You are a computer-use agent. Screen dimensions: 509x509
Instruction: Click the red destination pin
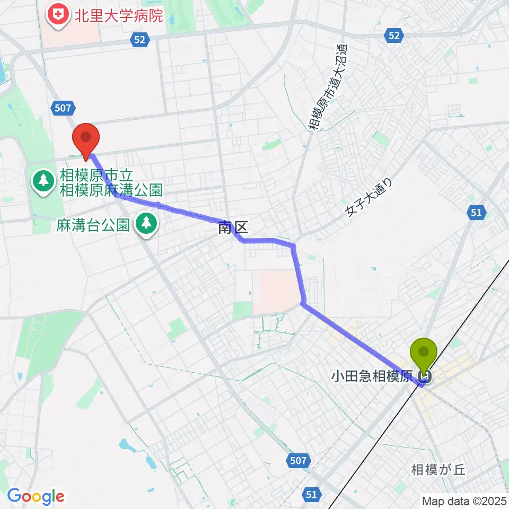click(x=85, y=137)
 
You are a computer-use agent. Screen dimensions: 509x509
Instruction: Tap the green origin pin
click(x=424, y=353)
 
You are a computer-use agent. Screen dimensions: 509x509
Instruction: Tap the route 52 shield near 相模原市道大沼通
click(x=393, y=35)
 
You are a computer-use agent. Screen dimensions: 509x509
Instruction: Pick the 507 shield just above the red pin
click(x=62, y=108)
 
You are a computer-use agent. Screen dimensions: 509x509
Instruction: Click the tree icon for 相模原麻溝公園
click(x=42, y=181)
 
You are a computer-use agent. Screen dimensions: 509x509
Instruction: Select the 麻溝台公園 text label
click(x=93, y=225)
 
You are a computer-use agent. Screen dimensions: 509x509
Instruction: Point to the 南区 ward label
click(x=233, y=229)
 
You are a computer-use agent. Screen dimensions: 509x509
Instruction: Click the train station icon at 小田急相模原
click(x=424, y=377)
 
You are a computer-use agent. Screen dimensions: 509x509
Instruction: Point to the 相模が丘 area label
click(x=438, y=470)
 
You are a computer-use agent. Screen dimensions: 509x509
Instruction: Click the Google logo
click(x=36, y=496)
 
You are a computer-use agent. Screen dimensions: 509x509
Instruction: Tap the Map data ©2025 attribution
click(x=464, y=501)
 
